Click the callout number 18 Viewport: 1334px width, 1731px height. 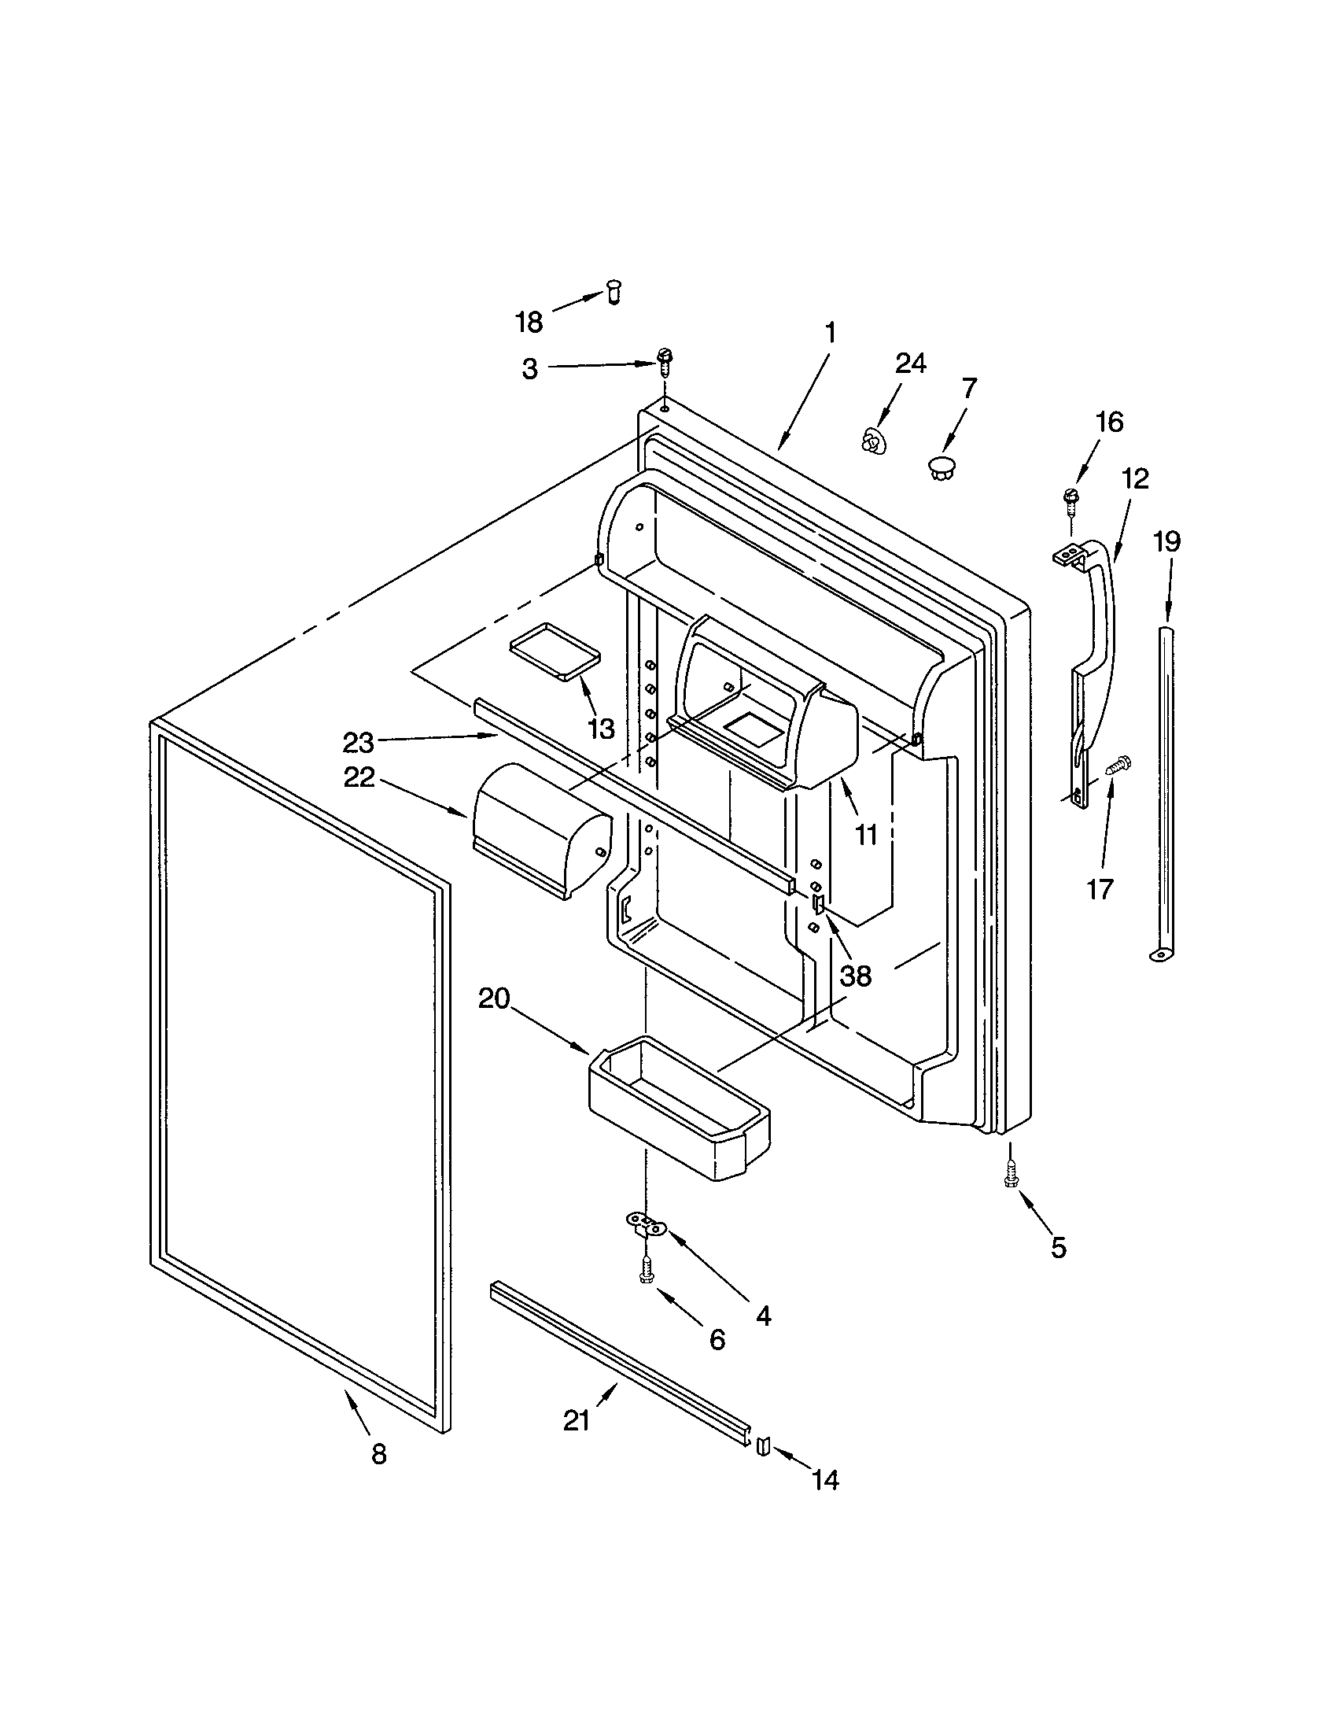529,322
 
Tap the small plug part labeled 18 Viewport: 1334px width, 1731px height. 613,293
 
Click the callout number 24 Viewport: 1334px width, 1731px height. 910,363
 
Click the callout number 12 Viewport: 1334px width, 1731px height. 1135,478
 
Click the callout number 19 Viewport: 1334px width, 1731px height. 1166,541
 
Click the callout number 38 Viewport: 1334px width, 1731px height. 856,976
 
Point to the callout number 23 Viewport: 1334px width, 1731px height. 358,743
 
